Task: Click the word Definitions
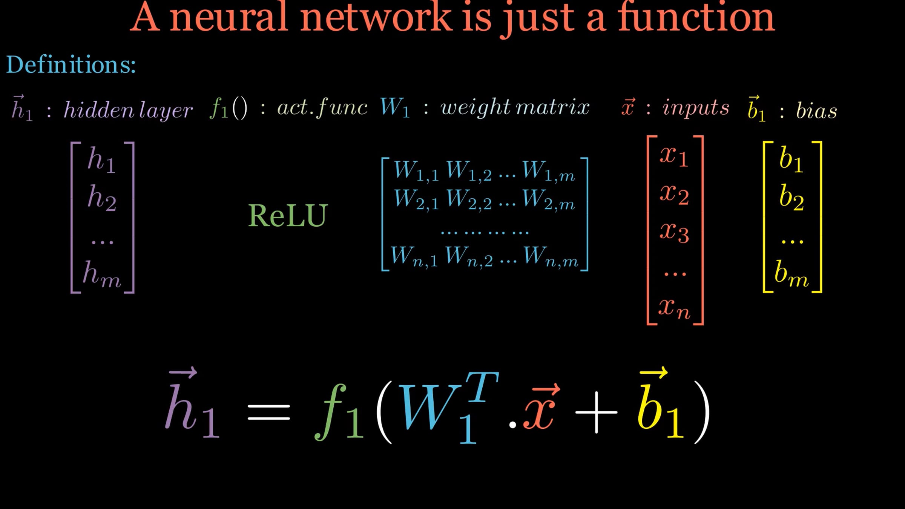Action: pos(71,64)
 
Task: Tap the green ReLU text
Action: pos(288,216)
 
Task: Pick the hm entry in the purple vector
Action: pos(102,274)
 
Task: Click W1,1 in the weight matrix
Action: pos(416,171)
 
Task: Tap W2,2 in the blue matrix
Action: pos(469,199)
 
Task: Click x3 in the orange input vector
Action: pos(674,232)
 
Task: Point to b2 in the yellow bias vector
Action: pos(791,197)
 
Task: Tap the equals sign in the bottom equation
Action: pos(269,412)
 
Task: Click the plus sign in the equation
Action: pos(596,412)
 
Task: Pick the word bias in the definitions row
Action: pos(816,111)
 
